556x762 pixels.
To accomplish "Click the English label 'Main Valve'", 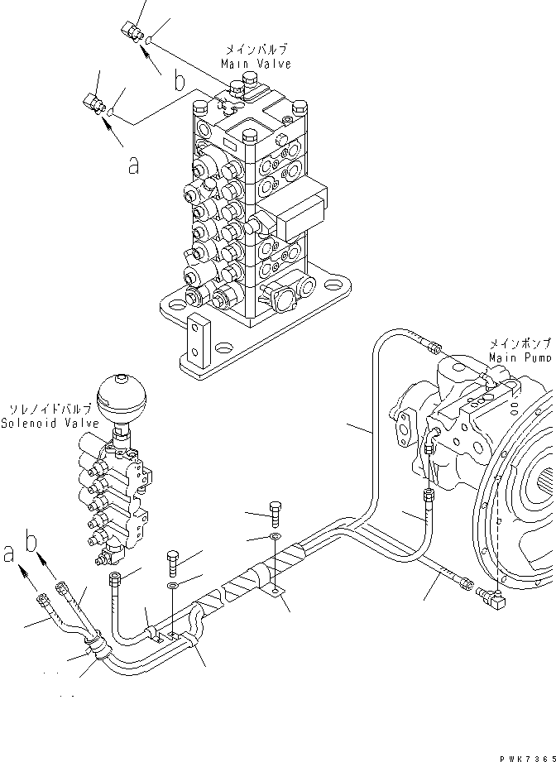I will point(256,64).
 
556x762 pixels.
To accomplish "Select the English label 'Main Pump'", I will point(520,357).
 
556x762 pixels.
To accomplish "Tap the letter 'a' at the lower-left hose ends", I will point(9,553).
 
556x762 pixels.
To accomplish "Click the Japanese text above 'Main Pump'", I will point(520,343).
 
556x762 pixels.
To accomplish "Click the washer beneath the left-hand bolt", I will point(171,587).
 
